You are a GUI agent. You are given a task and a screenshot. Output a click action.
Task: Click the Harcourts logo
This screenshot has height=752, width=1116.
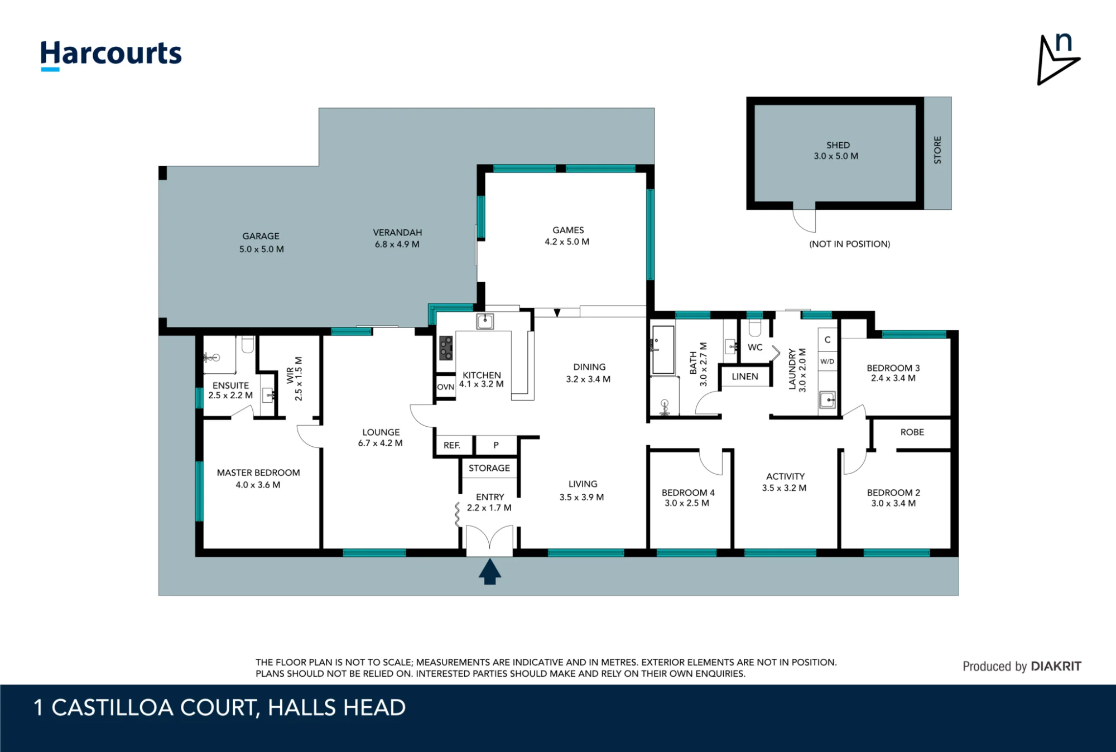click(111, 55)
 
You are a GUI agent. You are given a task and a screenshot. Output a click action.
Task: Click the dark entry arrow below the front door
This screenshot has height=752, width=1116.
click(489, 572)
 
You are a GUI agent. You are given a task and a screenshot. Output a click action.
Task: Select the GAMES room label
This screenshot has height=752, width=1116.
click(568, 230)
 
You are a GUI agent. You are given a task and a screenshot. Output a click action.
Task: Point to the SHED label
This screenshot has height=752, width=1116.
click(838, 145)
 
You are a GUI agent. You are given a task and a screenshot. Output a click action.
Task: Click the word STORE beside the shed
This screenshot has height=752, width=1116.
click(937, 150)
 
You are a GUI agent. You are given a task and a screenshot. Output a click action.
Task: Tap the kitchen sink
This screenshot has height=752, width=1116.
click(485, 321)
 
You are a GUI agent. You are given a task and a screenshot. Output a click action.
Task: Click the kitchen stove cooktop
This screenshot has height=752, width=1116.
click(446, 348)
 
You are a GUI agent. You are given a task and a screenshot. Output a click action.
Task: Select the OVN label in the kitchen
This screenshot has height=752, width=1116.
click(445, 387)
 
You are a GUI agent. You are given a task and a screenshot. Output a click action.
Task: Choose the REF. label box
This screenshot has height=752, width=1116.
click(452, 445)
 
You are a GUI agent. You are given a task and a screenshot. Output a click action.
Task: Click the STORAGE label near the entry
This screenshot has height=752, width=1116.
click(489, 468)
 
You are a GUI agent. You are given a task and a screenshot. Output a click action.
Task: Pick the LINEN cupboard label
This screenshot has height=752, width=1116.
click(745, 377)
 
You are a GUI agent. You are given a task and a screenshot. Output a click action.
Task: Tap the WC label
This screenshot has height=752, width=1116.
click(755, 347)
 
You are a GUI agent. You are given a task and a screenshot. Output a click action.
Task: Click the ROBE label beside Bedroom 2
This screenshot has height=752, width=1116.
click(912, 432)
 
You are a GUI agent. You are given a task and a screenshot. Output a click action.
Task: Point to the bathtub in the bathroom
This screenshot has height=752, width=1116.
click(663, 350)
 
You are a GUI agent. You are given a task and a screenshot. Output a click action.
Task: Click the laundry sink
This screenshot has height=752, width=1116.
click(827, 399)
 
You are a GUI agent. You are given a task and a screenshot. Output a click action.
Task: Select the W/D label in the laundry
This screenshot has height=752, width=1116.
click(827, 361)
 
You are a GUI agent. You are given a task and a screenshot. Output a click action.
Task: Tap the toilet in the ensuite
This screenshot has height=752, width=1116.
click(248, 344)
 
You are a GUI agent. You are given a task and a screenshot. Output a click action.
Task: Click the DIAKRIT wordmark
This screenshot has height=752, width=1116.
click(1056, 666)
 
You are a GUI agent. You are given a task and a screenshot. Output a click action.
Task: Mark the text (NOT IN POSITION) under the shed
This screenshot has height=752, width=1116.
click(849, 244)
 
